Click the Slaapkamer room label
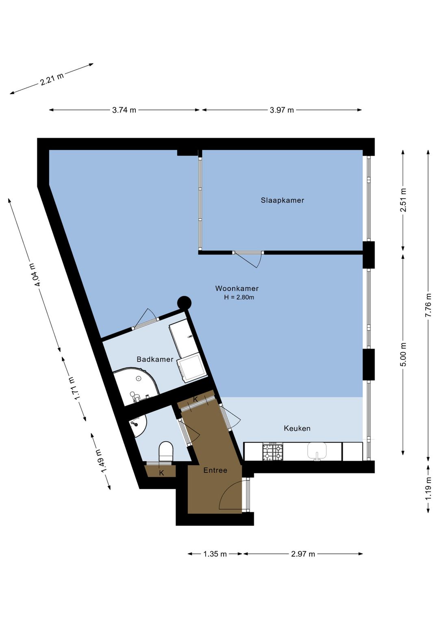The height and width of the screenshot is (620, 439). click(282, 200)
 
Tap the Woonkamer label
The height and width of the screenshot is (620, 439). click(237, 288)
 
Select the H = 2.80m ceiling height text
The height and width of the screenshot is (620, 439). click(239, 297)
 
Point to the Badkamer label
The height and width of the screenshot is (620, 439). click(155, 359)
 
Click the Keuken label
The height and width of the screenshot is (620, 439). click(297, 429)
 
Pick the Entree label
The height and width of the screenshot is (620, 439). click(215, 470)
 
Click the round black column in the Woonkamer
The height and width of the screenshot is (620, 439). click(184, 303)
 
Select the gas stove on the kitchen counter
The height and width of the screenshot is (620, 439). click(273, 452)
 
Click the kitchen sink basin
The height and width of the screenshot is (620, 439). click(317, 451)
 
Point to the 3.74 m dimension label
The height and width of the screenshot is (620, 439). click(124, 110)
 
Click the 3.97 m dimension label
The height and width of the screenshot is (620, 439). click(282, 110)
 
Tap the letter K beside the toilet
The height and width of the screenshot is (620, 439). click(161, 473)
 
